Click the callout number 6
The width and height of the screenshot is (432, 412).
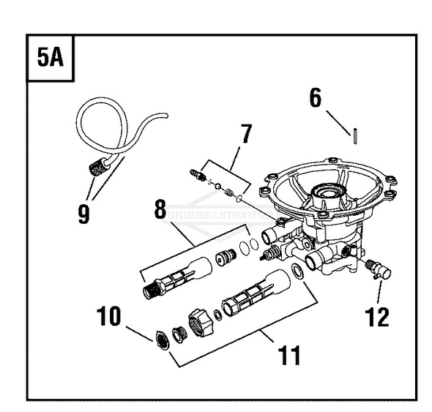click(x=316, y=98)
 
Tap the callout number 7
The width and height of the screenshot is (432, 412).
click(x=246, y=133)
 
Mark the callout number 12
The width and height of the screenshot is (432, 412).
click(x=379, y=316)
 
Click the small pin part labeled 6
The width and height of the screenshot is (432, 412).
click(x=355, y=137)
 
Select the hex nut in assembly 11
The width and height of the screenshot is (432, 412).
click(x=198, y=322)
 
